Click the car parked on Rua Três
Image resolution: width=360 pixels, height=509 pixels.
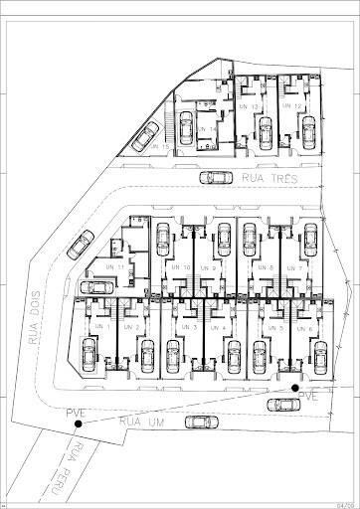pyautogui.click(x=213, y=178)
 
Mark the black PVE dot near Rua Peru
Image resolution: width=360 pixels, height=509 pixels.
pyautogui.click(x=78, y=424)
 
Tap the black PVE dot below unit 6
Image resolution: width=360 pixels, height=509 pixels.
pyautogui.click(x=294, y=387)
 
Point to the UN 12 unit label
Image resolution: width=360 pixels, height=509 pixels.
pyautogui.click(x=293, y=106)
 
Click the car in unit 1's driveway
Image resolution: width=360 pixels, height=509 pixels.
pyautogui.click(x=89, y=351)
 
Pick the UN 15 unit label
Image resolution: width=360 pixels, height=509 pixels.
pyautogui.click(x=162, y=147)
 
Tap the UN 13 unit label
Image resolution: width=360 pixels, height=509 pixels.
pyautogui.click(x=250, y=106)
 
